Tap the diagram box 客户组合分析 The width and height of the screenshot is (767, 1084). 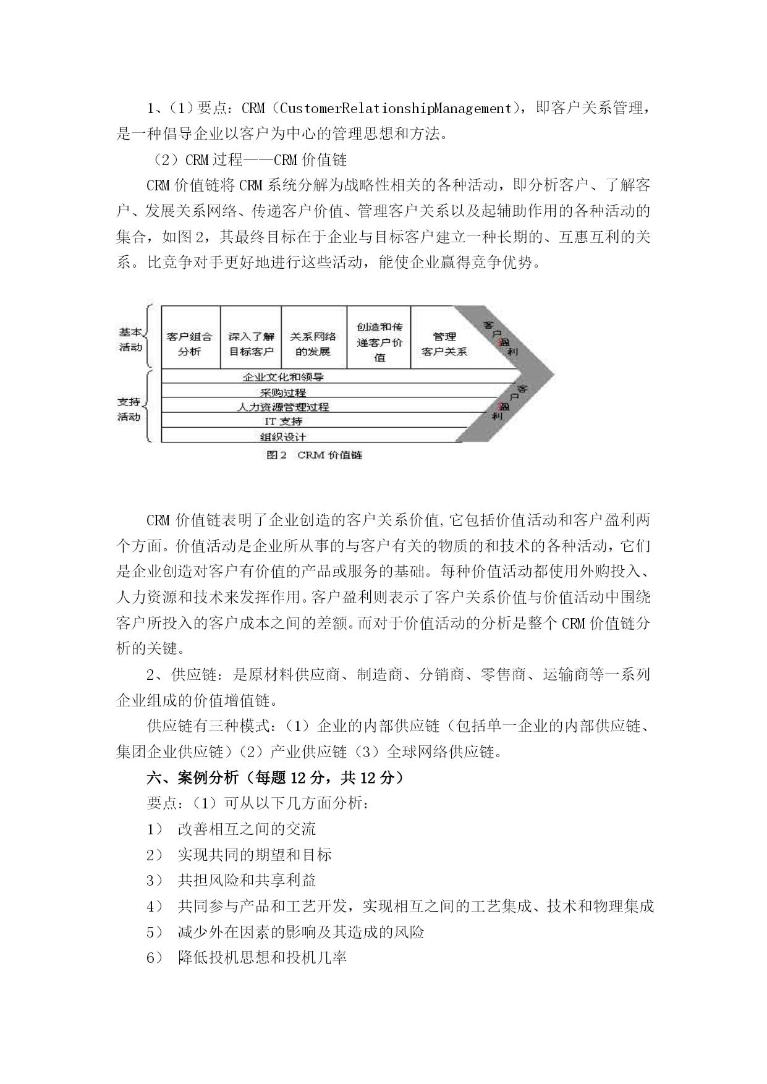tap(190, 344)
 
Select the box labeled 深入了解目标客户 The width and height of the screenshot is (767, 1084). tap(251, 344)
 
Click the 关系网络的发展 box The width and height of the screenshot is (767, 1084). tap(313, 344)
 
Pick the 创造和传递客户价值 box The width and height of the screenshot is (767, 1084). tap(379, 342)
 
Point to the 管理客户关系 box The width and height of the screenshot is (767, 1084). tap(444, 344)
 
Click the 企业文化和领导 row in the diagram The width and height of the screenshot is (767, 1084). tap(284, 376)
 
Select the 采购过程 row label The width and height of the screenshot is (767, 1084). tap(284, 392)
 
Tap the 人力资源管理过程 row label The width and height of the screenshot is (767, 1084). tap(284, 407)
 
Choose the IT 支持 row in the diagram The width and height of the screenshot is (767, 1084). tap(284, 421)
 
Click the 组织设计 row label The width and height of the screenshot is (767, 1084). tap(284, 436)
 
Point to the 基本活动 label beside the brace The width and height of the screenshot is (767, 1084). tap(130, 339)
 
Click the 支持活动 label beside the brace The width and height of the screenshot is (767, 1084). tap(129, 409)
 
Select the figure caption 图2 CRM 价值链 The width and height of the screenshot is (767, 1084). tap(314, 455)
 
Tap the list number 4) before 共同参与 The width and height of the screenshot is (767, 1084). tap(155, 907)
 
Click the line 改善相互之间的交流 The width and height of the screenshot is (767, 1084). tap(247, 829)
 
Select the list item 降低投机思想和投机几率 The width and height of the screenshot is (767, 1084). tap(262, 958)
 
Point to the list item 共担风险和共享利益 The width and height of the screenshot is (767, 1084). tap(247, 881)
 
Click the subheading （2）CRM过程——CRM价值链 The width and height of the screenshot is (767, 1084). tap(250, 160)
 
